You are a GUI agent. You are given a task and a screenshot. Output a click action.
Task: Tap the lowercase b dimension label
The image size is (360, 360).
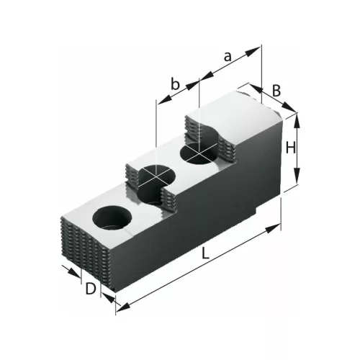[x=174, y=84]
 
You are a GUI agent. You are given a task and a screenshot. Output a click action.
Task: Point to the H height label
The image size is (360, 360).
[x=289, y=148]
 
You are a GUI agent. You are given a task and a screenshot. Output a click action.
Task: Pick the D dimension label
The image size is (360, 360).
[x=90, y=289]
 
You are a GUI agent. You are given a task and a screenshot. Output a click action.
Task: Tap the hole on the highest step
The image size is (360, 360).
[x=198, y=153]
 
